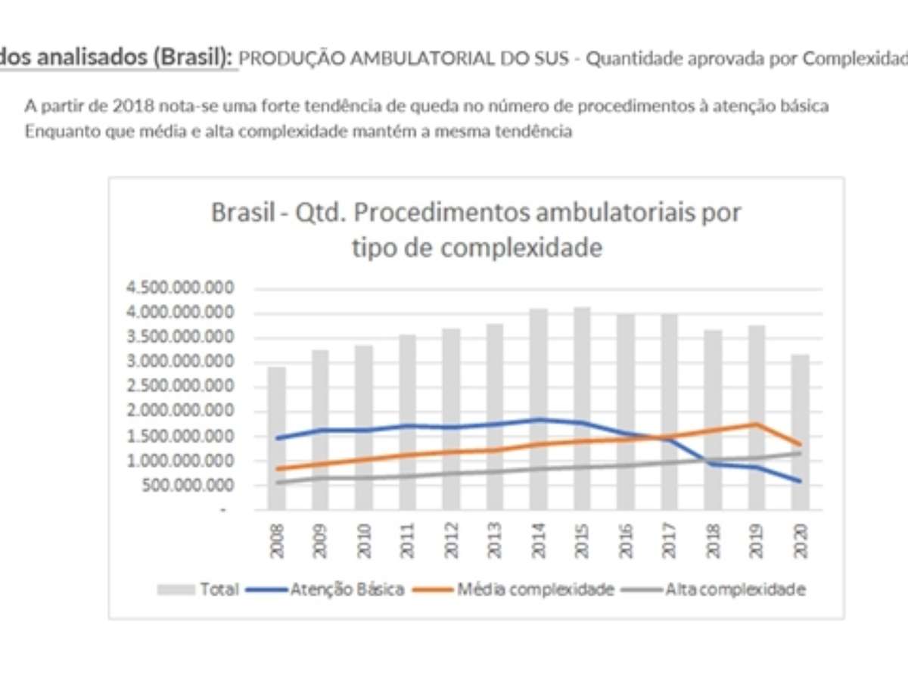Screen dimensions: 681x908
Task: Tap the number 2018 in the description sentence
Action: [121, 106]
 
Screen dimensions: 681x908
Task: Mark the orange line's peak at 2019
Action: [757, 424]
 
